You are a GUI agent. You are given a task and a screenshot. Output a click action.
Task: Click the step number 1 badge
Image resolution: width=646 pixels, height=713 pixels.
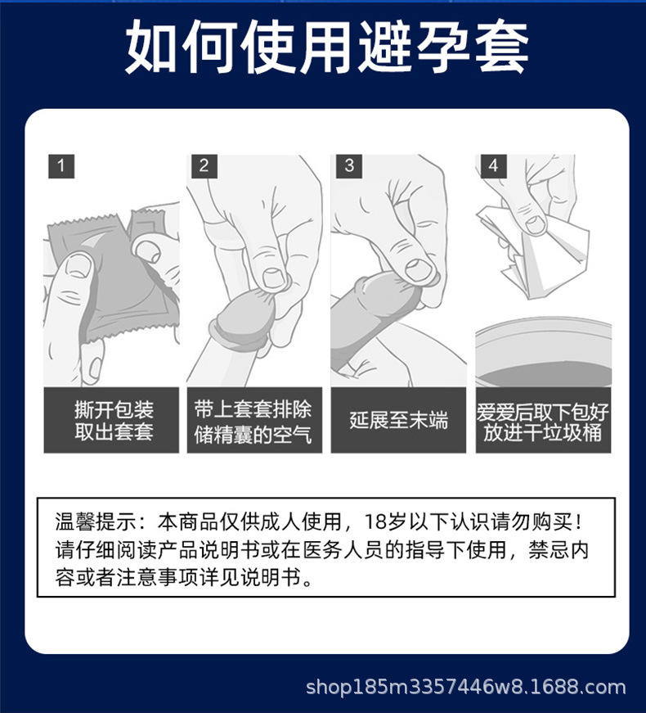pos(60,165)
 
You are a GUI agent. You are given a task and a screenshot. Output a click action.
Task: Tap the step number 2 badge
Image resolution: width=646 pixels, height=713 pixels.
pos(204,165)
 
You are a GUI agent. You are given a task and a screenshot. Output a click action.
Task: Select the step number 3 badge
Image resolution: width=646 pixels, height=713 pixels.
pos(349,165)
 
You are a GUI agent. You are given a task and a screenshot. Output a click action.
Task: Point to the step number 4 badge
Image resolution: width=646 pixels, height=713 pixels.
pos(492,165)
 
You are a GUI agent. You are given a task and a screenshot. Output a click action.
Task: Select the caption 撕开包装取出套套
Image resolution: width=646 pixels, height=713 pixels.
pos(111,421)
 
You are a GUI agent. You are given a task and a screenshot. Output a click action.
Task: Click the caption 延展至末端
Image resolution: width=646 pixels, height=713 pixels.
pos(398,421)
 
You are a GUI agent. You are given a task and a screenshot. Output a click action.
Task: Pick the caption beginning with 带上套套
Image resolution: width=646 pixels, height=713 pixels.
pos(253,421)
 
